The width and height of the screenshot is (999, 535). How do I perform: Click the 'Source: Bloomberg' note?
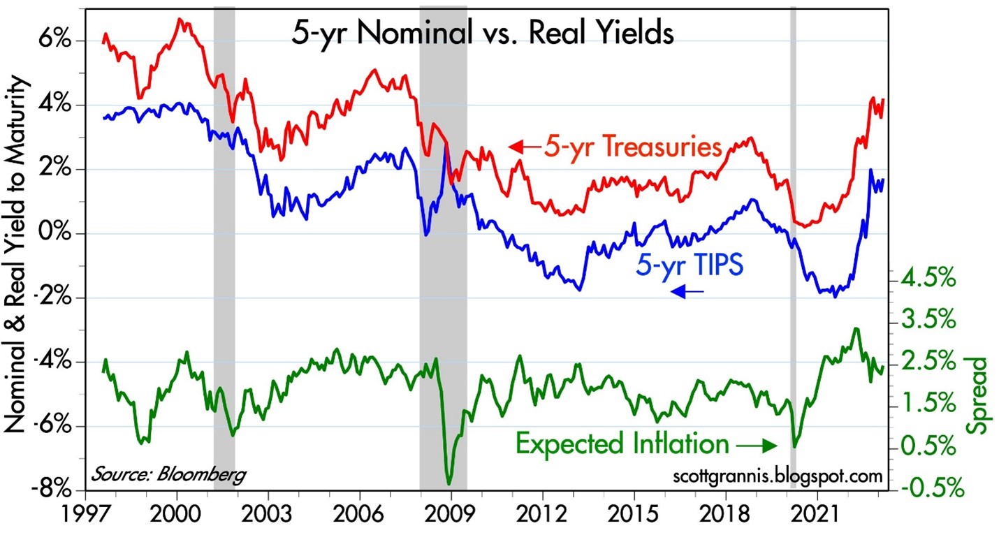[168, 475]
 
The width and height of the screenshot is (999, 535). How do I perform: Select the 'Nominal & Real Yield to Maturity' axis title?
[17, 256]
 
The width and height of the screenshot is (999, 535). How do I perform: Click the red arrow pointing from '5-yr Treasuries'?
[523, 147]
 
